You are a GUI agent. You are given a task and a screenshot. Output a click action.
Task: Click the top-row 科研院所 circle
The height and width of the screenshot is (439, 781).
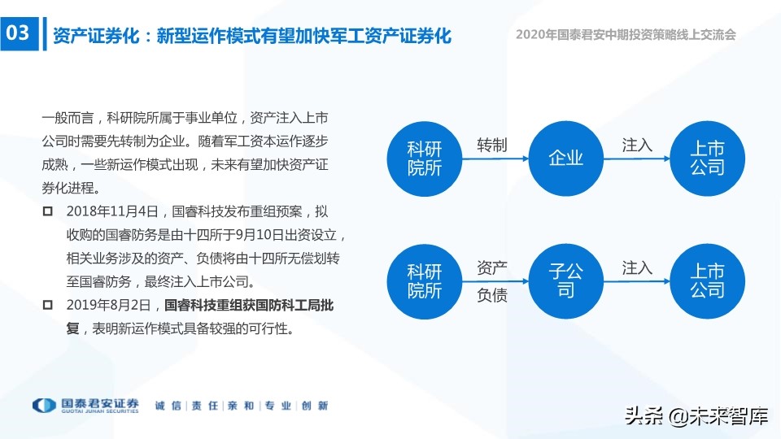424,158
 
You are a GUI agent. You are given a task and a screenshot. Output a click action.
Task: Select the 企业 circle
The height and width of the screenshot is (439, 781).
566,158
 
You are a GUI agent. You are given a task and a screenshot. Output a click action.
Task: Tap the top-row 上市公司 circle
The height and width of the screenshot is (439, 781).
707,158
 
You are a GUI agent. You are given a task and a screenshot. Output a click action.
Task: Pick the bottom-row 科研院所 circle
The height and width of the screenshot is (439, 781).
424,280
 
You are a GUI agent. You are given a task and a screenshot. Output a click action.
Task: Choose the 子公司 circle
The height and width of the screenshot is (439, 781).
566,280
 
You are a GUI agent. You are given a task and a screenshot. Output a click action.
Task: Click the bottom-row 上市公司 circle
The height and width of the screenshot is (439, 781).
707,280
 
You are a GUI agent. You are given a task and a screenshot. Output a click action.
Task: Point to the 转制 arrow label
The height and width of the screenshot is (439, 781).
491,145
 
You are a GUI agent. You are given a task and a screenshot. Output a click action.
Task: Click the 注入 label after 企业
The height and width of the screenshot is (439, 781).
637,145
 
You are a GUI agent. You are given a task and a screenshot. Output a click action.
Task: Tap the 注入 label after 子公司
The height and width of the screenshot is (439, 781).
637,267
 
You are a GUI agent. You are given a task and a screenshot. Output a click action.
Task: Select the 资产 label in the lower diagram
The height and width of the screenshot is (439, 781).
491,267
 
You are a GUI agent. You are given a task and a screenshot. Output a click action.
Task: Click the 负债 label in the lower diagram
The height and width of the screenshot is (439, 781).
491,295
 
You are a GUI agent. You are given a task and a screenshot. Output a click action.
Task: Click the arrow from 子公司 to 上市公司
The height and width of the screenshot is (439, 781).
637,281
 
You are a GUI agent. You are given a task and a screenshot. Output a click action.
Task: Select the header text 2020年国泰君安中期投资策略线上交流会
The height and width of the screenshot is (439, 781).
626,35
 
